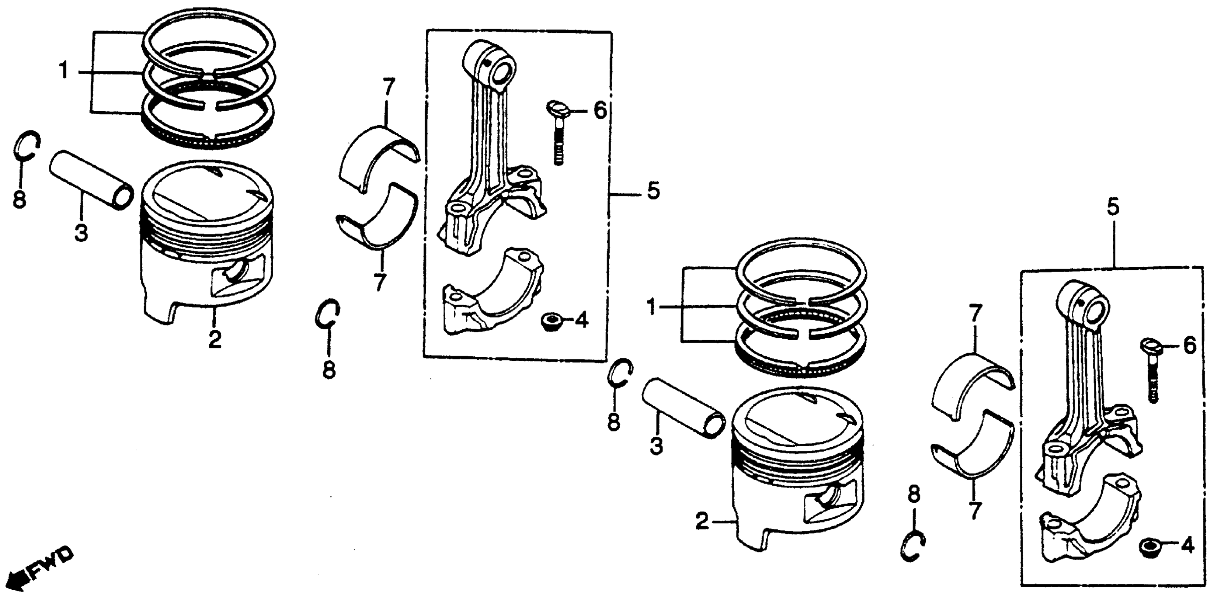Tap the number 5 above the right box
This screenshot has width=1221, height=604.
point(1113,207)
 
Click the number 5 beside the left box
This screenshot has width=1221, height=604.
point(653,192)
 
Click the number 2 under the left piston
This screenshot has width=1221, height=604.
point(215,339)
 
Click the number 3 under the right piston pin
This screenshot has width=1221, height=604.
point(656,446)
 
